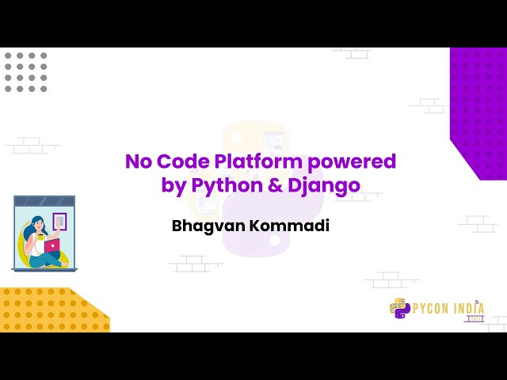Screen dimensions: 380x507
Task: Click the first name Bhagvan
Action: coord(204,226)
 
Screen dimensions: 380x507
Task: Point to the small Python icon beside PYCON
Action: coord(398,308)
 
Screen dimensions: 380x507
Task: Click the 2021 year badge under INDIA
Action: coord(473,318)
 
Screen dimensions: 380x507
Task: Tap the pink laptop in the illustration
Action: coord(51,246)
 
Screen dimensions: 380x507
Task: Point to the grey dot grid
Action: coord(25,72)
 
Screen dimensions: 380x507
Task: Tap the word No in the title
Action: coord(137,162)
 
